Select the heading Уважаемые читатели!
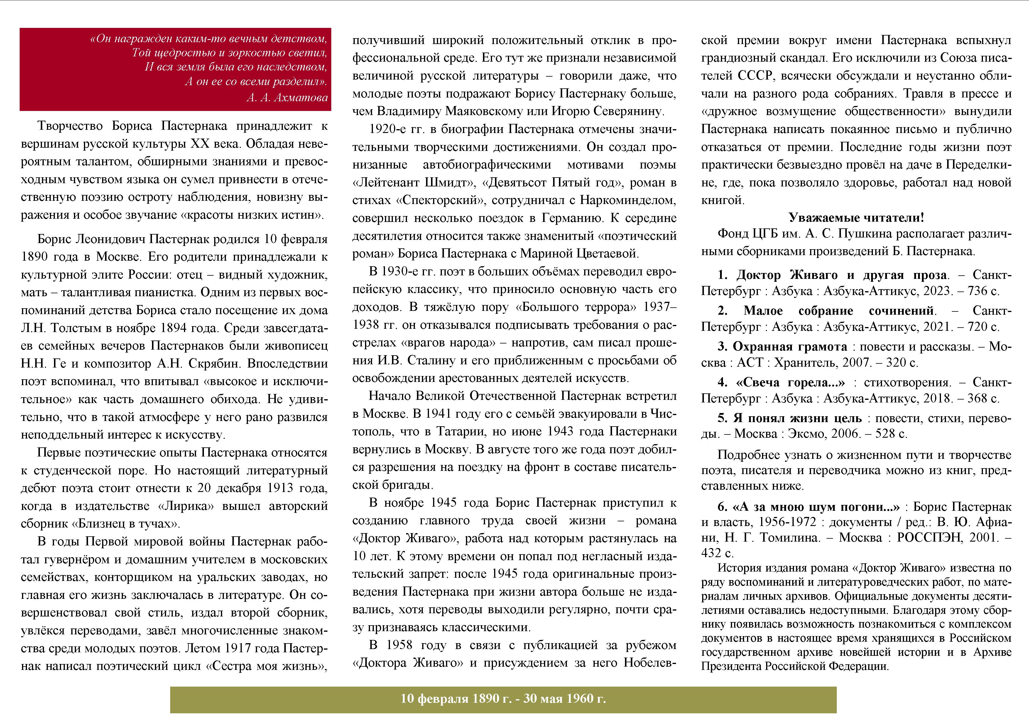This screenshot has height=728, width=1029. pyautogui.click(x=856, y=218)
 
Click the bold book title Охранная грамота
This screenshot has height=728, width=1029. pyautogui.click(x=790, y=346)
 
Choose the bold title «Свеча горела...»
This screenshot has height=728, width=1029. pyautogui.click(x=790, y=382)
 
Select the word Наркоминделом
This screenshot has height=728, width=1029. pyautogui.click(x=628, y=200)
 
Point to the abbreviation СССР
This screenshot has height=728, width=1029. pyautogui.click(x=756, y=76)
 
